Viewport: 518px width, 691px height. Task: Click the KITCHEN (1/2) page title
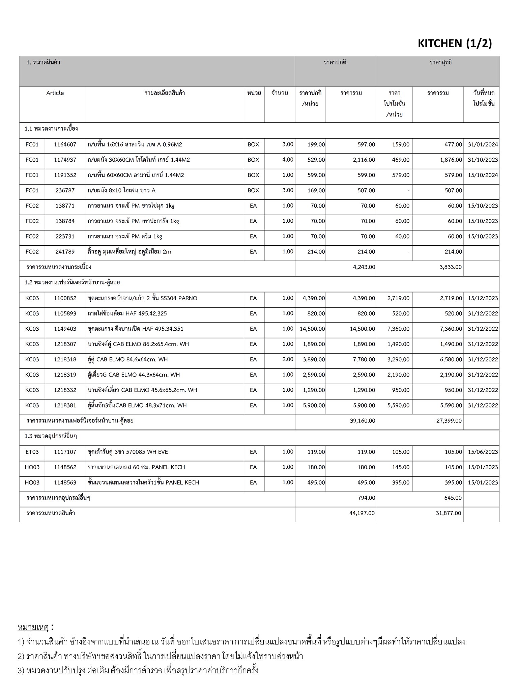(455, 44)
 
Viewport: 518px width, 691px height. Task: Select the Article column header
(55, 93)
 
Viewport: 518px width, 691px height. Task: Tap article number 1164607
(65, 145)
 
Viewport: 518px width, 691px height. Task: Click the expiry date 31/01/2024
(483, 145)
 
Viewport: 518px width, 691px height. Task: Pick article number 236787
(65, 191)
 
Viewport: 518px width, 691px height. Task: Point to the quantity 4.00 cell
(287, 160)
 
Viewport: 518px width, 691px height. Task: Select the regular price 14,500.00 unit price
(312, 329)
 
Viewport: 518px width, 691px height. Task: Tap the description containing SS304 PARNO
(142, 298)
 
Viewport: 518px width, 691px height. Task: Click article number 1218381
(65, 406)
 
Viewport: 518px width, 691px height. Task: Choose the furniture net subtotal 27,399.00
(449, 421)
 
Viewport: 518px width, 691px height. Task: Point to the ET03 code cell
(32, 452)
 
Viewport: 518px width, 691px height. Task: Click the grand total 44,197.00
(362, 514)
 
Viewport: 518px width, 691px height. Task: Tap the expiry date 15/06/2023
(483, 452)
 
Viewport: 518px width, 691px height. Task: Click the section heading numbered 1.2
(72, 282)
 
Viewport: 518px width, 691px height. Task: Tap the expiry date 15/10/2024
(483, 175)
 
